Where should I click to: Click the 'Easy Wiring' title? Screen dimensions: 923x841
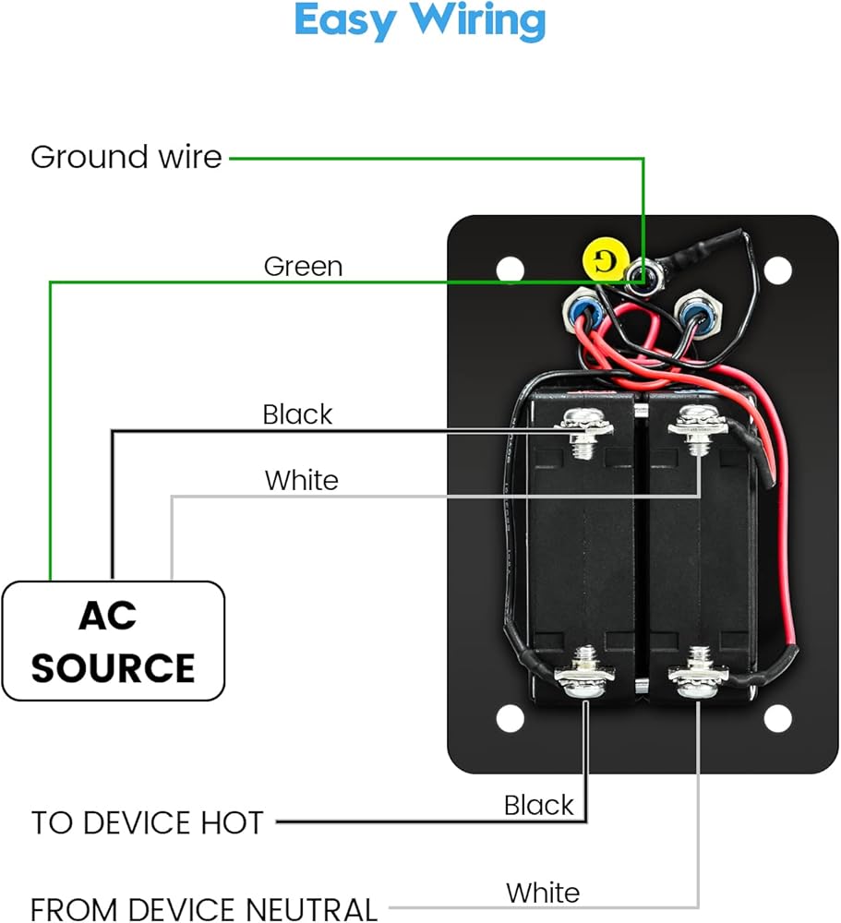(420, 22)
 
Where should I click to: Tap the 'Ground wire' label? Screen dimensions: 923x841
(126, 157)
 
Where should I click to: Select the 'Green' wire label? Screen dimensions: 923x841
(303, 267)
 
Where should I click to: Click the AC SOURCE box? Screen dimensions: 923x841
(114, 641)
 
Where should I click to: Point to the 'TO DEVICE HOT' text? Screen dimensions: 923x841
(148, 822)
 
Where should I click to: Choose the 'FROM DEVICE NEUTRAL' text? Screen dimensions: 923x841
(204, 909)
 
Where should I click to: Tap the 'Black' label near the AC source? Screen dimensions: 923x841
(297, 414)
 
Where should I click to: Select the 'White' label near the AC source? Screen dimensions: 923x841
(301, 481)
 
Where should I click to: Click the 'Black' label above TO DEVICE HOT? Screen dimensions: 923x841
(538, 805)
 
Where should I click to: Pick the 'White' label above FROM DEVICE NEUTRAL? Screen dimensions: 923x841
(543, 893)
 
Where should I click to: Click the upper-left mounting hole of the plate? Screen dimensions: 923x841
(510, 270)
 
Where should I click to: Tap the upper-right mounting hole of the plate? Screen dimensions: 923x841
(778, 270)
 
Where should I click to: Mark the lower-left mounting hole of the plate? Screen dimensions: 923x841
(510, 718)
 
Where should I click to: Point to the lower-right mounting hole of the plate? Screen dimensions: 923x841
(778, 718)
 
